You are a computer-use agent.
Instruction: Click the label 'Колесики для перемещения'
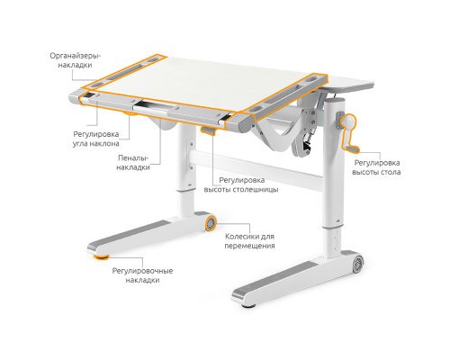pos(250,240)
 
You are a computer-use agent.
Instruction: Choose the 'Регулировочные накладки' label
pos(136,274)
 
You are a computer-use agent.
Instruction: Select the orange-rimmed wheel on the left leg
pos(211,220)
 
